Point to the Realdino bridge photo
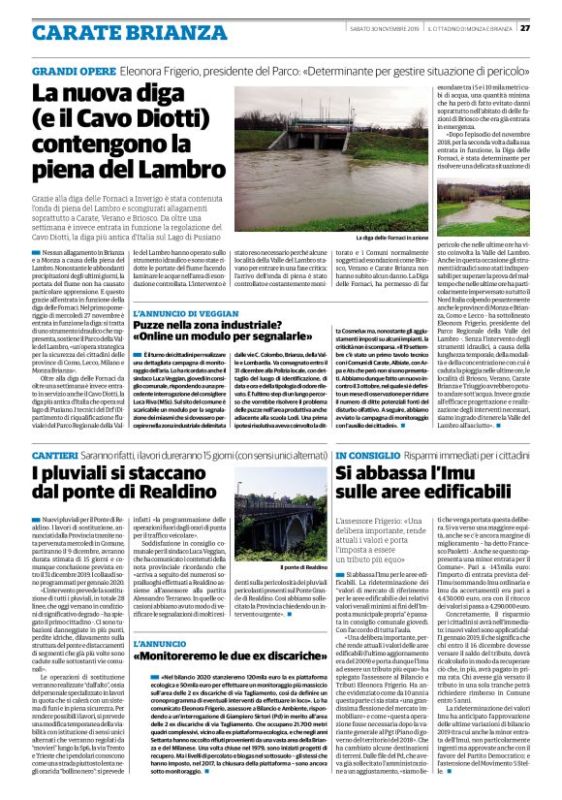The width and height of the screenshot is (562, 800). [x=280, y=522]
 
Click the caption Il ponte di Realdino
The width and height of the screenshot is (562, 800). [x=304, y=566]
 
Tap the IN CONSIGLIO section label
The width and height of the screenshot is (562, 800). [x=366, y=455]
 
